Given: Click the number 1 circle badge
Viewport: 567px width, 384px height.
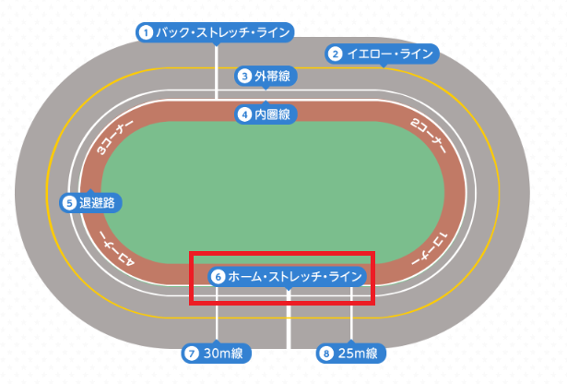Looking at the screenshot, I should pos(145,32).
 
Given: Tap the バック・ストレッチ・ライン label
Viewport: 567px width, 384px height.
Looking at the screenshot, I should pos(222,32).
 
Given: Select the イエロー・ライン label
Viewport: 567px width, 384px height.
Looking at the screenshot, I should pos(389,54).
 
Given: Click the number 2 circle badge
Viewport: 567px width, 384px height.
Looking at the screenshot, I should pos(336,54).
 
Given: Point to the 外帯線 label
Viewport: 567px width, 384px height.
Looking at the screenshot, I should pos(272,76).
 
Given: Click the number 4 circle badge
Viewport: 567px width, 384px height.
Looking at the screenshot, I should pos(244,114).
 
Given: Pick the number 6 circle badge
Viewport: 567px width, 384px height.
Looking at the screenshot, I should pos(218,275).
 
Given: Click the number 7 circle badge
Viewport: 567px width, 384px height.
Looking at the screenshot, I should pos(192,353).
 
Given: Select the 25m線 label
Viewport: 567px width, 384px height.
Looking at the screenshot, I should pos(358,353).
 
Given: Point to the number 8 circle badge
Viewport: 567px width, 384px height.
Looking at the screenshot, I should pos(325,353).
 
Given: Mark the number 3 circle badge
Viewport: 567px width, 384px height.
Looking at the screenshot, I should pos(244,76).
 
